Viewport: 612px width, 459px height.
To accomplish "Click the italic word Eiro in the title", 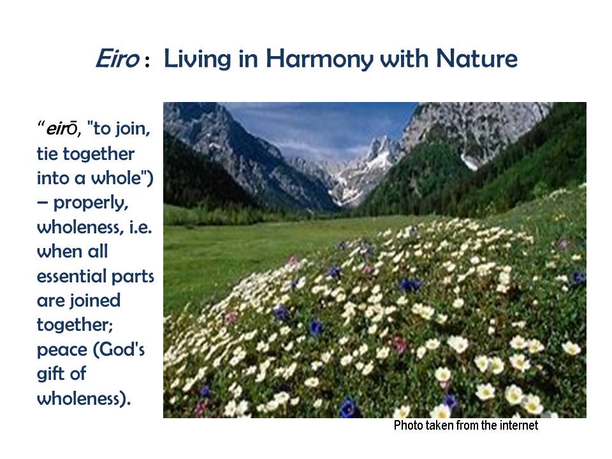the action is coord(117,59).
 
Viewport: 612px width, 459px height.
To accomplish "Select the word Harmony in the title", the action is coord(319,60).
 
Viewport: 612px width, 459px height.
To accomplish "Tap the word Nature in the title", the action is coord(476,59).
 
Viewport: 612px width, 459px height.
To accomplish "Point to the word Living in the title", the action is coord(197,60).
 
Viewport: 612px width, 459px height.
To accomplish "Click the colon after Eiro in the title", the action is coord(147,62).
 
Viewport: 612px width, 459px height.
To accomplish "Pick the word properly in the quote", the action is coord(91,203).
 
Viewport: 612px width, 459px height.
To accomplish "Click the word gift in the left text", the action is coord(50,374).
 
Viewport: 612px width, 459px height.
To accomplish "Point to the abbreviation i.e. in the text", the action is coord(140,227).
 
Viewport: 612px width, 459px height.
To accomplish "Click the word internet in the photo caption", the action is coord(519,425).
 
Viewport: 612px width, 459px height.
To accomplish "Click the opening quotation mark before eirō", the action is coord(41,124).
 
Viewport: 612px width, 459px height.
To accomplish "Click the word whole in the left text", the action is coord(116,178).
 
